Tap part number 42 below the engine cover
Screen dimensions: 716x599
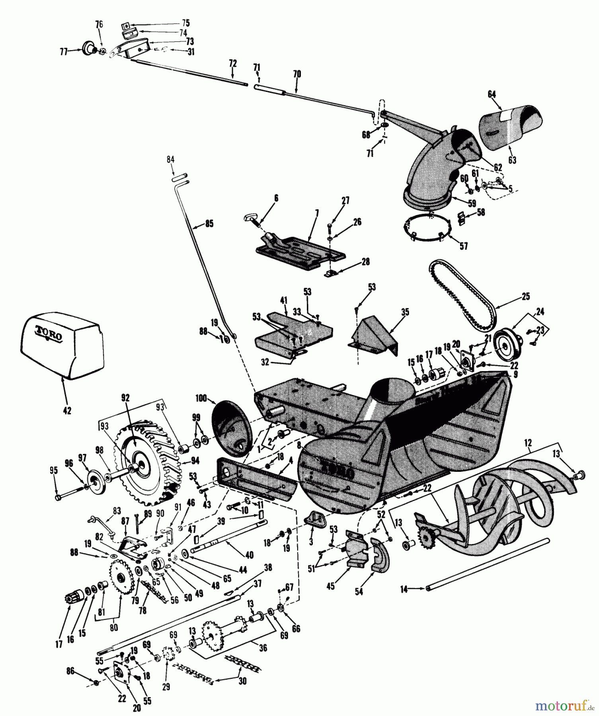67,411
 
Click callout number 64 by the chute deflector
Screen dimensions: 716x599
492,95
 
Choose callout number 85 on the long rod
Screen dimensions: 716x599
209,224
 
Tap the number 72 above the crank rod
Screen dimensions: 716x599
232,63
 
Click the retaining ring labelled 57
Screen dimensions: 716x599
428,229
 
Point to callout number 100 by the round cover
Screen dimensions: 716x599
201,398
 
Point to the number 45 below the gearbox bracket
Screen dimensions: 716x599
330,586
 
